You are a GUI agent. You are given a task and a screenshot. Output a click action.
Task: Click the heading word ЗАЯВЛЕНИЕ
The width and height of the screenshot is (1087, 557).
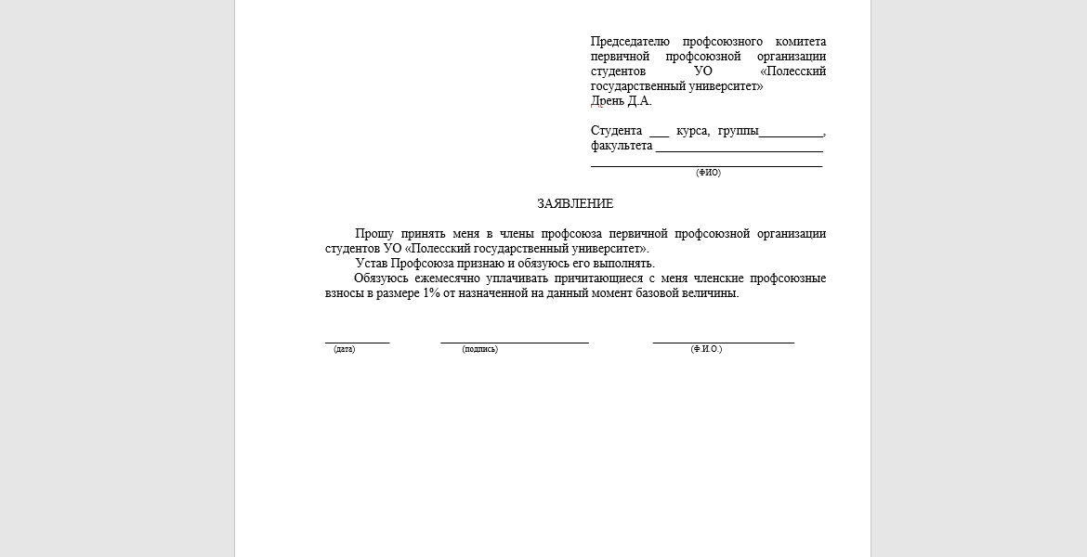coord(575,204)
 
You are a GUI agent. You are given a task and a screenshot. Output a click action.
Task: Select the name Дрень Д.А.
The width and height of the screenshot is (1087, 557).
coord(622,101)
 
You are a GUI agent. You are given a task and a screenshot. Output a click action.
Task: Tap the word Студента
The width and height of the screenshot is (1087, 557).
coord(616,131)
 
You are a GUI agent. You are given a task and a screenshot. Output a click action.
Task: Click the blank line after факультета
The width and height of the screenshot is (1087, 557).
coord(739,147)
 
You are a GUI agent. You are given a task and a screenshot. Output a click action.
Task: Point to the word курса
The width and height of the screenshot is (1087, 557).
coord(693,131)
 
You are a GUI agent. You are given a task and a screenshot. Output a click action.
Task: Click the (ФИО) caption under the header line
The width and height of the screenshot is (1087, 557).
coord(708,173)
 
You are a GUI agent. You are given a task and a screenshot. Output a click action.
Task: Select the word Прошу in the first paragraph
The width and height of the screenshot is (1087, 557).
coord(374,234)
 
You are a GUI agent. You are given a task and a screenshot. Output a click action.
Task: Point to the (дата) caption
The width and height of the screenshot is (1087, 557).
coord(345,349)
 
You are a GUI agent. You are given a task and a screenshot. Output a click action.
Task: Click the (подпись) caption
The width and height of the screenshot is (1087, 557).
coord(479,349)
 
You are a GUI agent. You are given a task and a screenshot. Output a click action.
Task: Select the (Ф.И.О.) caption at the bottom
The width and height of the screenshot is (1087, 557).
coord(706,349)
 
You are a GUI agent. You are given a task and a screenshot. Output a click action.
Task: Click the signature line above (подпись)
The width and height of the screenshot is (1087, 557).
coord(515,342)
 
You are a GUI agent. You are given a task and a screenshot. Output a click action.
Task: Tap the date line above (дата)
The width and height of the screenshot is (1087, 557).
coord(357,342)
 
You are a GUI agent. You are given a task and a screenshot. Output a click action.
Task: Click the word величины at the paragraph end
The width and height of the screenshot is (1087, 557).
coord(710,293)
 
